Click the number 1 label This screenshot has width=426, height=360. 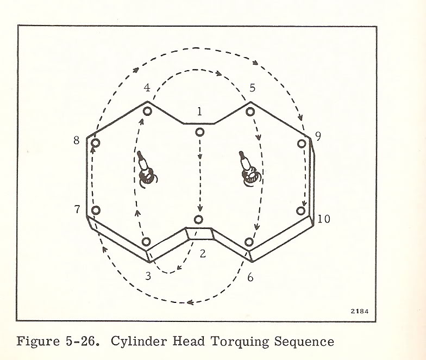[x=200, y=111]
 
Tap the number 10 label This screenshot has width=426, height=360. [x=324, y=219]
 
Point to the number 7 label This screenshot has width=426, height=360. [x=77, y=209]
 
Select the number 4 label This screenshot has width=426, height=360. [x=147, y=88]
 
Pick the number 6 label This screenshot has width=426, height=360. [x=250, y=277]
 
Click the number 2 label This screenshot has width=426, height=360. [x=203, y=253]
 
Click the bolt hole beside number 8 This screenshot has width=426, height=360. [x=96, y=142]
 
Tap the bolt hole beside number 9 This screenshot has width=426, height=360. [x=302, y=144]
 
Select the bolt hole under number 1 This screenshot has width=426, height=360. [x=200, y=133]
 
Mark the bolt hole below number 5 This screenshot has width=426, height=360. [x=250, y=111]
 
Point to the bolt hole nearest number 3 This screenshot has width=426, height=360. [x=146, y=241]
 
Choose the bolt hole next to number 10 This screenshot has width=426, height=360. [x=301, y=211]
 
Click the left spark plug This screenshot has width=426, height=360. [x=146, y=170]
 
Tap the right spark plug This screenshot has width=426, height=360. [x=249, y=169]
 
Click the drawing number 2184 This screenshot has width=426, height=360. [x=360, y=311]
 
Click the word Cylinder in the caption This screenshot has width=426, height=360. [x=139, y=342]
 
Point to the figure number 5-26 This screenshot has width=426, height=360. [x=82, y=342]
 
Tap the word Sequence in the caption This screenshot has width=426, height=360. [x=304, y=342]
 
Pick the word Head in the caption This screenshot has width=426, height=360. [x=189, y=341]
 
